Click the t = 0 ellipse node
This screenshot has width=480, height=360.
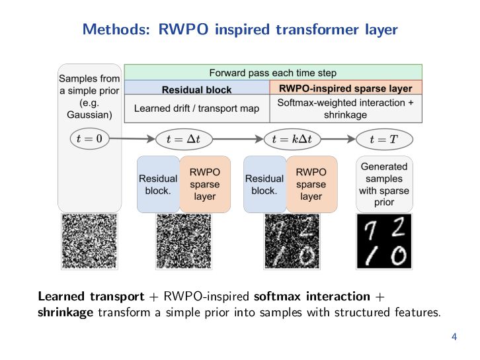(90, 139)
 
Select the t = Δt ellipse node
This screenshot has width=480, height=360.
(184, 139)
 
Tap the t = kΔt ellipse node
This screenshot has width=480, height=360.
(292, 139)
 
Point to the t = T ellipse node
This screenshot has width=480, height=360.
(384, 139)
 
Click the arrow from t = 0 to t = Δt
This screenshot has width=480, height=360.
(132, 139)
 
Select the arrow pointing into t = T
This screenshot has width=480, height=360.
(339, 139)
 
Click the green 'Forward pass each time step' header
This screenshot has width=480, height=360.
(273, 72)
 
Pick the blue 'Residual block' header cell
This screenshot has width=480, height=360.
(197, 87)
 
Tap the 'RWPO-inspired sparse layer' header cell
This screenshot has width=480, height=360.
(346, 87)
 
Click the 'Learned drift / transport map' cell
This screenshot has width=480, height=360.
(197, 109)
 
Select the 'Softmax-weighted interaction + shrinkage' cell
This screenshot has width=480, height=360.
(346, 109)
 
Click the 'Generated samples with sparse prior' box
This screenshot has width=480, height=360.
(384, 184)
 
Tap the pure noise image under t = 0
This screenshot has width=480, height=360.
(89, 241)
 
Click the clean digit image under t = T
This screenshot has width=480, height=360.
(384, 241)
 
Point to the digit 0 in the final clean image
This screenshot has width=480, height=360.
(399, 255)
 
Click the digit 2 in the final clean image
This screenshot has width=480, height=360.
(398, 227)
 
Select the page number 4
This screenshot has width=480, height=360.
(454, 337)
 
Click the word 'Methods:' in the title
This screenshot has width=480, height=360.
(116, 29)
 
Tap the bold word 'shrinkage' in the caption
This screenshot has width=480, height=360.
(65, 312)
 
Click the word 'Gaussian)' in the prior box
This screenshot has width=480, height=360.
(89, 114)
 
